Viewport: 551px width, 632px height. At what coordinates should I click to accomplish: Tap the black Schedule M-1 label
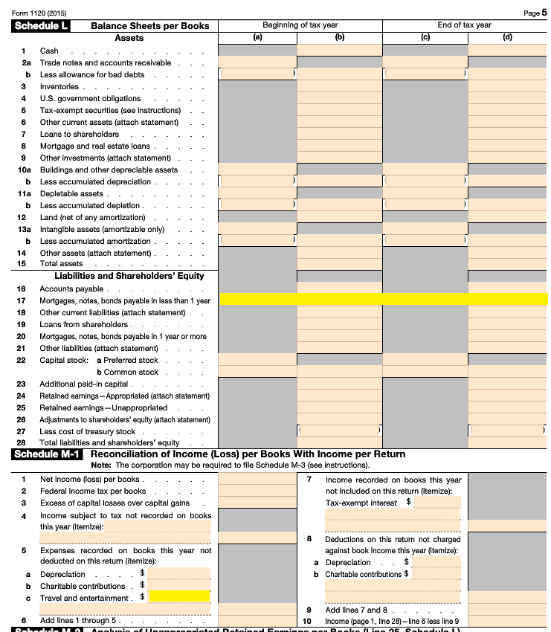click(47, 454)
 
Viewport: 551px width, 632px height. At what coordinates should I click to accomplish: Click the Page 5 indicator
click(534, 13)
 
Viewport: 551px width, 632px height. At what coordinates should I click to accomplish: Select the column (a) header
click(257, 36)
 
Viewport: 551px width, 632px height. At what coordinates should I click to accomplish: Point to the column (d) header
click(507, 36)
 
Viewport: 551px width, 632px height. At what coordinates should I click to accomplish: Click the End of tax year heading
click(464, 25)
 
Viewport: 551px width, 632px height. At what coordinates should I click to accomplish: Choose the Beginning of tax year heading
click(300, 25)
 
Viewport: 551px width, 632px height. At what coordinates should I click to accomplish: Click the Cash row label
click(49, 51)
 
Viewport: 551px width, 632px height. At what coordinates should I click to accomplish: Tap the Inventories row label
click(59, 87)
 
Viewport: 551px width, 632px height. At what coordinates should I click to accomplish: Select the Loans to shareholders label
click(79, 135)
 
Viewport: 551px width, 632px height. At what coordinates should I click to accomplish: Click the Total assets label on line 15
click(61, 264)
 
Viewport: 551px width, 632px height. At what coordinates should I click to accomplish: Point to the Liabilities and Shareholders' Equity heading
click(129, 276)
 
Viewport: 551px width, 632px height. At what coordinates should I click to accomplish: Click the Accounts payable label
click(71, 288)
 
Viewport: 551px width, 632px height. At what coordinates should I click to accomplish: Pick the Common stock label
click(131, 372)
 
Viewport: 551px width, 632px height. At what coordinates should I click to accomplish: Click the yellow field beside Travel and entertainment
click(179, 596)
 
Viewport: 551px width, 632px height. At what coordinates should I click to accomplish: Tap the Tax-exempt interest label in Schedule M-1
click(361, 503)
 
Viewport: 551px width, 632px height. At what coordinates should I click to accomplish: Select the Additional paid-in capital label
click(84, 384)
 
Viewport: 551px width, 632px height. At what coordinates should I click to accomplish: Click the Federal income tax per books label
click(93, 491)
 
